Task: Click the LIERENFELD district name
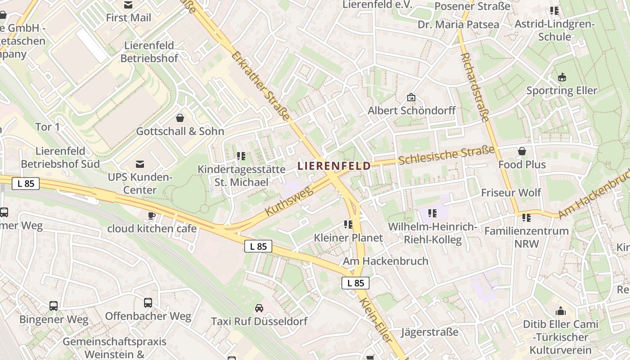point(334,166)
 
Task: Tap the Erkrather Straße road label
point(261,86)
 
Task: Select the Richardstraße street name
point(475,87)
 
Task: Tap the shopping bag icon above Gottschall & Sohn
point(180,118)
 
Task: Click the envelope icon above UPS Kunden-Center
point(140,164)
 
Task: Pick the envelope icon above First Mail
point(129,5)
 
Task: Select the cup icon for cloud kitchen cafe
point(152,216)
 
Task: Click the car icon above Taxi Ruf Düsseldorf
point(259,308)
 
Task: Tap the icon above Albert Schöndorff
point(411,97)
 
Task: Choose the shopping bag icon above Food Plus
point(522,151)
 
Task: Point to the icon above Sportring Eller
point(562,77)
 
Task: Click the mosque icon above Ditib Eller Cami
point(560,311)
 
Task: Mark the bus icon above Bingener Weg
point(54,306)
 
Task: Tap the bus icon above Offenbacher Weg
point(148,303)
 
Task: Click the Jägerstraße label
point(429,332)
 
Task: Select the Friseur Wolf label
point(511,193)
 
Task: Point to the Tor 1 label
point(48,127)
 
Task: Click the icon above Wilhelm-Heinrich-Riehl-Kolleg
point(432,213)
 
